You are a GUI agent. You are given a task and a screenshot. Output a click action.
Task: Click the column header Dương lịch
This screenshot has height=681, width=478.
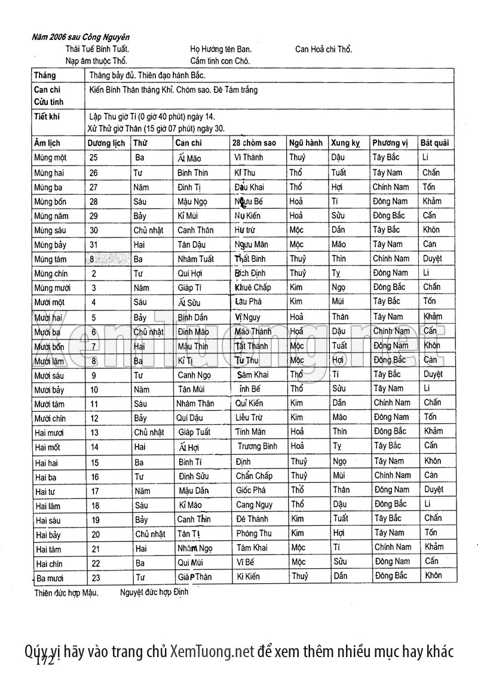point(106,143)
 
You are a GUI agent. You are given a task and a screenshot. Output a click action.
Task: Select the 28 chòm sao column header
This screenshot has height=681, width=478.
point(254,143)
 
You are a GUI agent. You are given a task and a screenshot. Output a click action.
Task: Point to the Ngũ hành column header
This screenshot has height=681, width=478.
point(306,143)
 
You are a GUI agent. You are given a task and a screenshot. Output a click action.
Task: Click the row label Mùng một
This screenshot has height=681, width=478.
point(50,158)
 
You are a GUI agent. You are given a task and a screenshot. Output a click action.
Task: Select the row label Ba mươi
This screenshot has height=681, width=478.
point(50,578)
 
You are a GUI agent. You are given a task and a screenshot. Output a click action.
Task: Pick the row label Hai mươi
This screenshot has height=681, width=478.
point(50,433)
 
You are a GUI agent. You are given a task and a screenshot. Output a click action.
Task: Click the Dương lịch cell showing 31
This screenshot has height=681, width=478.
point(94,245)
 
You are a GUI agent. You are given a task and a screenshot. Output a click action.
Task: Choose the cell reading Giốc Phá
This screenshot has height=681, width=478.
point(251,491)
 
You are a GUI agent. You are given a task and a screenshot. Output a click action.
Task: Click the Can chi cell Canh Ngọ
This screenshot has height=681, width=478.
point(195,375)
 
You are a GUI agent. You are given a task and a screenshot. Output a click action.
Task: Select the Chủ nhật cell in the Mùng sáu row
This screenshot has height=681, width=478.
point(149,230)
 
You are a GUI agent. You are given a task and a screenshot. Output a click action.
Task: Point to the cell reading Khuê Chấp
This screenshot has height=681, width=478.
point(253,288)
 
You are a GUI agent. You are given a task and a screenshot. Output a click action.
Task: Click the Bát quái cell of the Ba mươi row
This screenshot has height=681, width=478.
point(433,576)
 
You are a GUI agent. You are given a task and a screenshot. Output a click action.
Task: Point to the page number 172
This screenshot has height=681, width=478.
point(47,661)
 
